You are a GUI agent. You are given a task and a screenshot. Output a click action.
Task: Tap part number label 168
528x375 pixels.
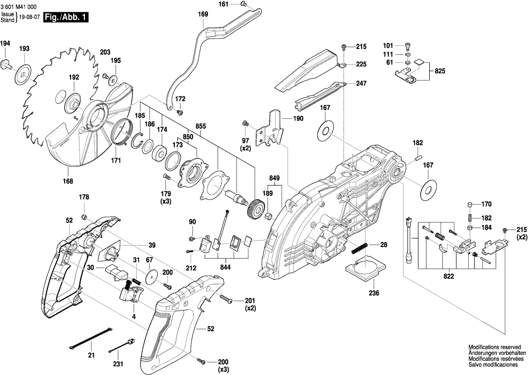(68, 181)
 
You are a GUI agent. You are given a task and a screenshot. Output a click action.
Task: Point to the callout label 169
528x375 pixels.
(203, 14)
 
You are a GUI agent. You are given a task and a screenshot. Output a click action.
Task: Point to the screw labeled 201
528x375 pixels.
(225, 298)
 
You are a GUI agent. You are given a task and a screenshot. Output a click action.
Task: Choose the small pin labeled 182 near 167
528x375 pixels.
(418, 159)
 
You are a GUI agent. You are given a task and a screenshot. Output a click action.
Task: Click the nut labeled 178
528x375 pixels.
(84, 217)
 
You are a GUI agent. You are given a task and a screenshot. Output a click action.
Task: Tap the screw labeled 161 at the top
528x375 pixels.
(244, 4)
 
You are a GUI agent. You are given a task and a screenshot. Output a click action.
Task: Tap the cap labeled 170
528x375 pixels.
(470, 205)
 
